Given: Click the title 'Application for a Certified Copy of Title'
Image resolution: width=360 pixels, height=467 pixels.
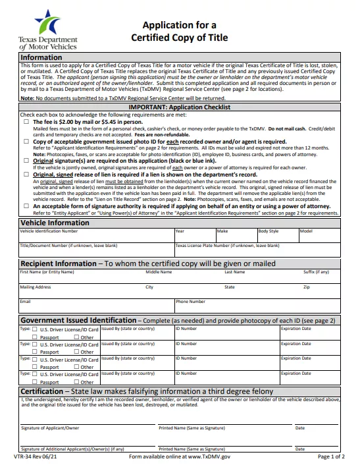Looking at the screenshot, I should pos(180,32).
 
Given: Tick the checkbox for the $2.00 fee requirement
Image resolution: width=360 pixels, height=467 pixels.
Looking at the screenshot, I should pos(26,122).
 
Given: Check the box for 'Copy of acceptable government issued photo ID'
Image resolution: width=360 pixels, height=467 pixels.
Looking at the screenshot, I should pos(26,141).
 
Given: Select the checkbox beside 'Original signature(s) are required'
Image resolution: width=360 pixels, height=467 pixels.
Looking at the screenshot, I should pos(26,161).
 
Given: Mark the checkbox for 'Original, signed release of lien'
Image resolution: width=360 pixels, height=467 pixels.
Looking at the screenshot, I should pos(26,175).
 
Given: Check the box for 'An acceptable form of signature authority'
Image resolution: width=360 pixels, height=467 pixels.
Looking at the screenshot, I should pos(26,206).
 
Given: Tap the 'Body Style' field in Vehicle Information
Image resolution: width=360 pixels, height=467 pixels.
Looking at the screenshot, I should pos(277,236).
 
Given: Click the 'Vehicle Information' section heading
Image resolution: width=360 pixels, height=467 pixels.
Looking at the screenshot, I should pos(55,223).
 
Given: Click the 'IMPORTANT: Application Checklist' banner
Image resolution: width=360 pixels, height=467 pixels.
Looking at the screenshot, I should pos(180,107).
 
